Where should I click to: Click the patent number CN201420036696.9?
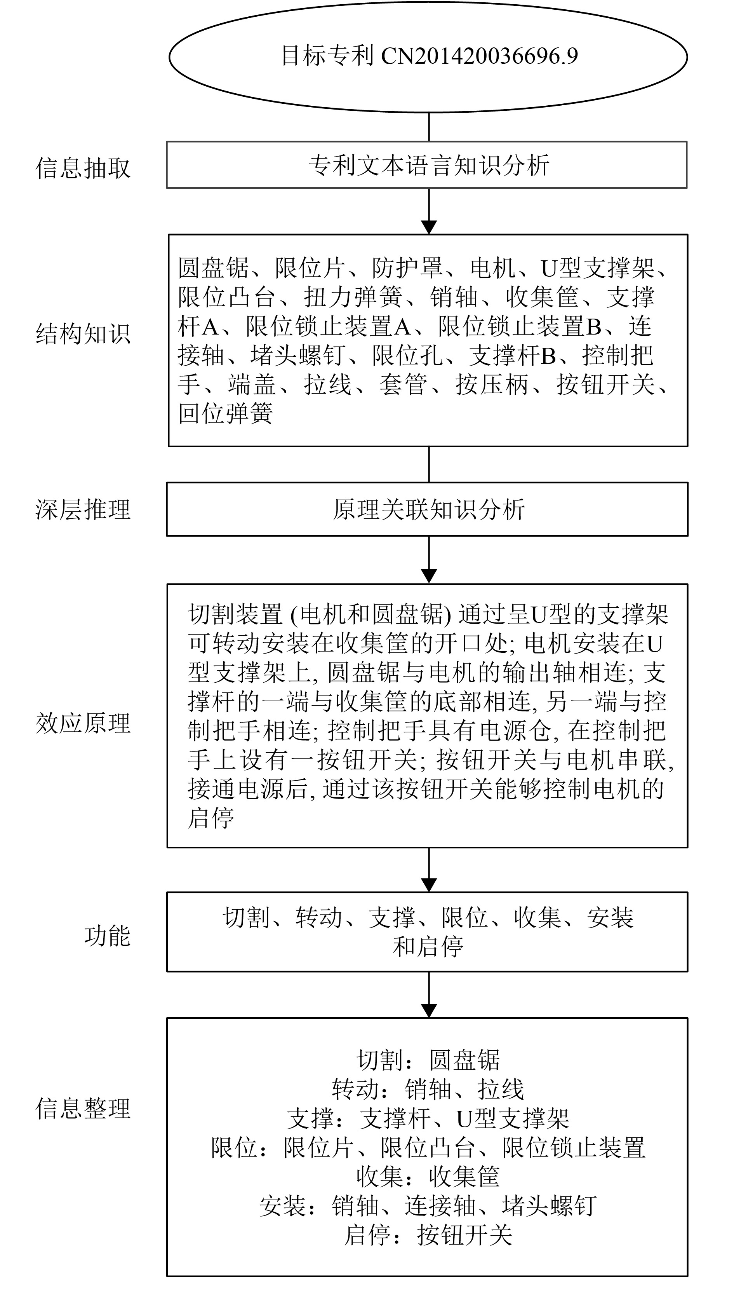tap(479, 56)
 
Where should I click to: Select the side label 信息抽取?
tap(83, 168)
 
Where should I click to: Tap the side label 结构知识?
tap(83, 334)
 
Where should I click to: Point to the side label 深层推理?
tap(83, 509)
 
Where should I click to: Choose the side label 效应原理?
tap(83, 723)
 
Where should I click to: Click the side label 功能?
tap(107, 936)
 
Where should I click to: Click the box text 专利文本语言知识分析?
tap(428, 166)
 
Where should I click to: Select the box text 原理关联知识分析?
tap(428, 509)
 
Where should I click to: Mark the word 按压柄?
tap(492, 385)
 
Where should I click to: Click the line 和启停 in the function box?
tap(428, 947)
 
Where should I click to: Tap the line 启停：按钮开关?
tap(428, 1235)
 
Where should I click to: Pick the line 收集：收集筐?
tap(428, 1177)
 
